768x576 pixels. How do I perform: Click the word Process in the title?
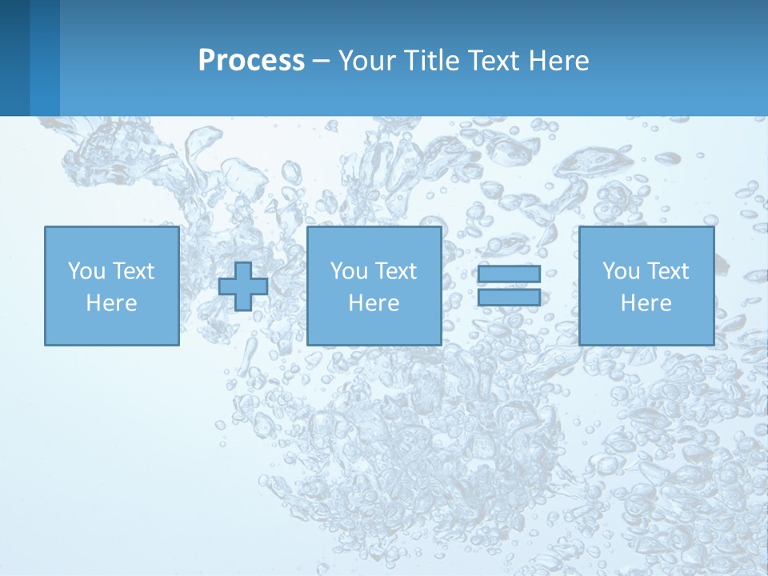point(251,61)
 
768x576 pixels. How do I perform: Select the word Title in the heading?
point(433,61)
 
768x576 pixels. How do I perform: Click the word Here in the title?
point(559,61)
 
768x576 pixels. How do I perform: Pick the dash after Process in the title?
point(322,62)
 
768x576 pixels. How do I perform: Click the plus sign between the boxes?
point(243,286)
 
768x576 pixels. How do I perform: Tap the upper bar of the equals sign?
point(509,274)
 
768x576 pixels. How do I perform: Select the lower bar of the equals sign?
point(509,298)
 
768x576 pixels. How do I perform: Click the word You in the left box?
point(86,271)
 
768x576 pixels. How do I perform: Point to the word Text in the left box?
point(134,271)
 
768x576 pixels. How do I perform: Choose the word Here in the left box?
point(111,303)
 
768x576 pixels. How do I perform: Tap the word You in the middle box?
point(349,271)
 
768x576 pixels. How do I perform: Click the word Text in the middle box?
point(396,271)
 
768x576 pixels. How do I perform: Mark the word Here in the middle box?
point(374,303)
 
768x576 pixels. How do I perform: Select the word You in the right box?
point(621,271)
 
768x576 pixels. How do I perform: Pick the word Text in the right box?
point(668,271)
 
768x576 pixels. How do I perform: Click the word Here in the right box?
point(646,303)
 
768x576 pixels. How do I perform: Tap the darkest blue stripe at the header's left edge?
point(14,58)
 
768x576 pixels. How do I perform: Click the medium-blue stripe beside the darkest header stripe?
point(45,58)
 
